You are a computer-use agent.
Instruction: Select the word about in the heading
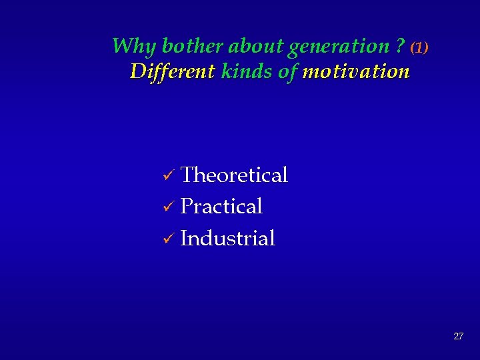pos(256,46)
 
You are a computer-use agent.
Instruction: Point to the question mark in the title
pos(400,46)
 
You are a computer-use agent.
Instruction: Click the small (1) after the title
pos(419,48)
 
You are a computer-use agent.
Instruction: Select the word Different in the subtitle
pos(173,71)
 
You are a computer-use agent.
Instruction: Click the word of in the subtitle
pos(287,71)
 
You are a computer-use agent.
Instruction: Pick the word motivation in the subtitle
pos(355,71)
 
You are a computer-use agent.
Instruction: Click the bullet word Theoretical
pos(234,175)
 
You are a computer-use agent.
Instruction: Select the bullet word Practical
pos(221,207)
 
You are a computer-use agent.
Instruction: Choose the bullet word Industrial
pos(227,238)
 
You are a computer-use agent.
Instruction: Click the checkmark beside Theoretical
pos(169,177)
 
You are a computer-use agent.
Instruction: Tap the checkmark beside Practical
pos(169,208)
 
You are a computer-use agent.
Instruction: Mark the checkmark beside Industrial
pos(169,239)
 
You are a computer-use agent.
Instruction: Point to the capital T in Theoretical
pos(187,175)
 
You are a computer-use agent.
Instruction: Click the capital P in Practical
pos(186,207)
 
